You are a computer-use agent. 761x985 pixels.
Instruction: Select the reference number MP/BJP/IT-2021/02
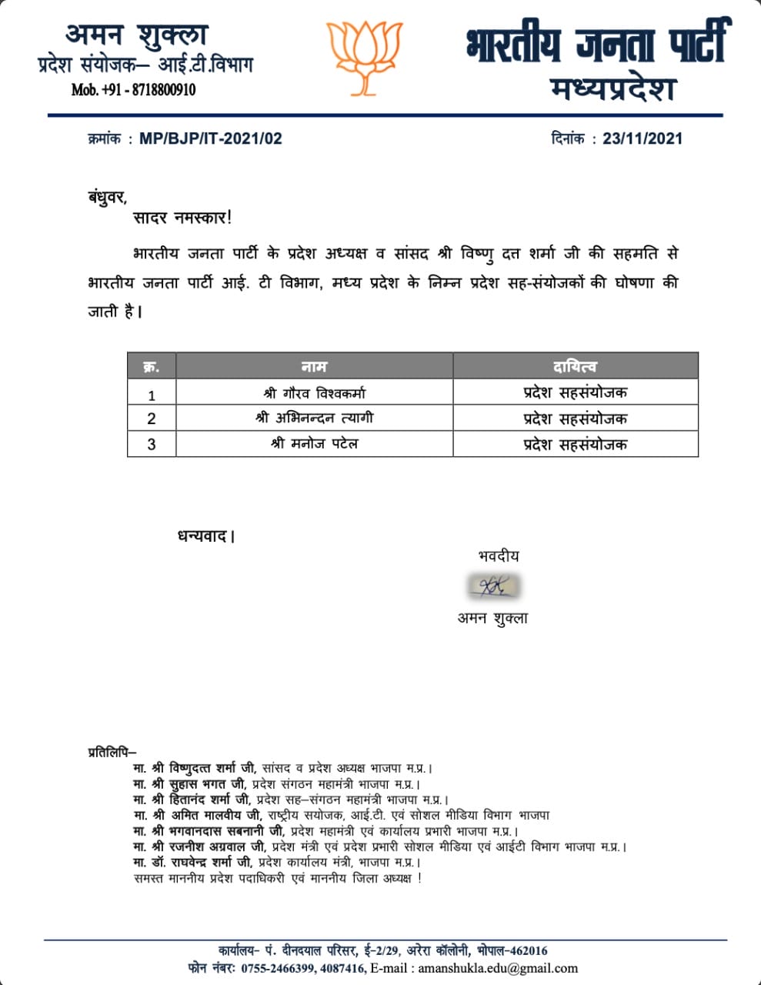(211, 139)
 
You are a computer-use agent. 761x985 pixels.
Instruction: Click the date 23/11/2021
(643, 139)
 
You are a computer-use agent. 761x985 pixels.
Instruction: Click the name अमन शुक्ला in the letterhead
(137, 35)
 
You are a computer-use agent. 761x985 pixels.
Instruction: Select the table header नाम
(314, 366)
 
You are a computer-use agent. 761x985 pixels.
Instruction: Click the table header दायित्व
(575, 366)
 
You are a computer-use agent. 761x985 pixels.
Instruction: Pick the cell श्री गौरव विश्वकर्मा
(314, 393)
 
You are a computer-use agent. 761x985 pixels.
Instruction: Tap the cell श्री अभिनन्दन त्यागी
(314, 419)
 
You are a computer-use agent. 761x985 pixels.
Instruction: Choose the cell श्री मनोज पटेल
(314, 444)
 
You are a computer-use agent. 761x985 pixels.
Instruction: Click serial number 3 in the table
(152, 445)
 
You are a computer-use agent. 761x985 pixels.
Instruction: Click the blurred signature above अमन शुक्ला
(492, 587)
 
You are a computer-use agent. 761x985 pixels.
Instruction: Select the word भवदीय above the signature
(498, 556)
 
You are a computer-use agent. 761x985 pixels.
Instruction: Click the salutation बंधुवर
(107, 197)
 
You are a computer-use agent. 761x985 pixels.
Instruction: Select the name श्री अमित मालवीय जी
(207, 815)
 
